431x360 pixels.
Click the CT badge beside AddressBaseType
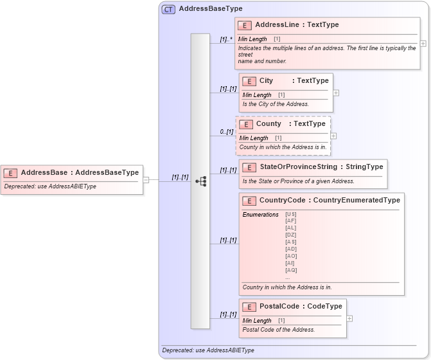pyautogui.click(x=168, y=9)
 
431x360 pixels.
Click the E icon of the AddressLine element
pyautogui.click(x=244, y=26)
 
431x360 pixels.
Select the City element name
pyautogui.click(x=266, y=81)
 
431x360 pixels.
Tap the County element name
pyautogui.click(x=268, y=124)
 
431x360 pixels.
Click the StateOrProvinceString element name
pyautogui.click(x=299, y=167)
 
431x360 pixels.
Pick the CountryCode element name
pyautogui.click(x=282, y=201)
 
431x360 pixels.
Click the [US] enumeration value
pyautogui.click(x=291, y=214)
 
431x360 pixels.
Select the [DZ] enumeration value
pyautogui.click(x=291, y=235)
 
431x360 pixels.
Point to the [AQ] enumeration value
pyautogui.click(x=291, y=271)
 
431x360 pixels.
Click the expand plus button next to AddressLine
pyautogui.click(x=423, y=44)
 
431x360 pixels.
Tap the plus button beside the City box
pyautogui.click(x=336, y=93)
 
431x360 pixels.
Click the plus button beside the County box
pyautogui.click(x=333, y=136)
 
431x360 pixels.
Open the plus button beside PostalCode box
pyautogui.click(x=349, y=318)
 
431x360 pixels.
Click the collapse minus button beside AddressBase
pyautogui.click(x=146, y=180)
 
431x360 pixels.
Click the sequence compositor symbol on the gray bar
pyautogui.click(x=200, y=181)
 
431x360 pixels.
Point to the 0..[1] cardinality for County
pyautogui.click(x=226, y=132)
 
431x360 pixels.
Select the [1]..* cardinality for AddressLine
pyautogui.click(x=226, y=39)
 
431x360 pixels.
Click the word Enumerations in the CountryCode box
pyautogui.click(x=260, y=214)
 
